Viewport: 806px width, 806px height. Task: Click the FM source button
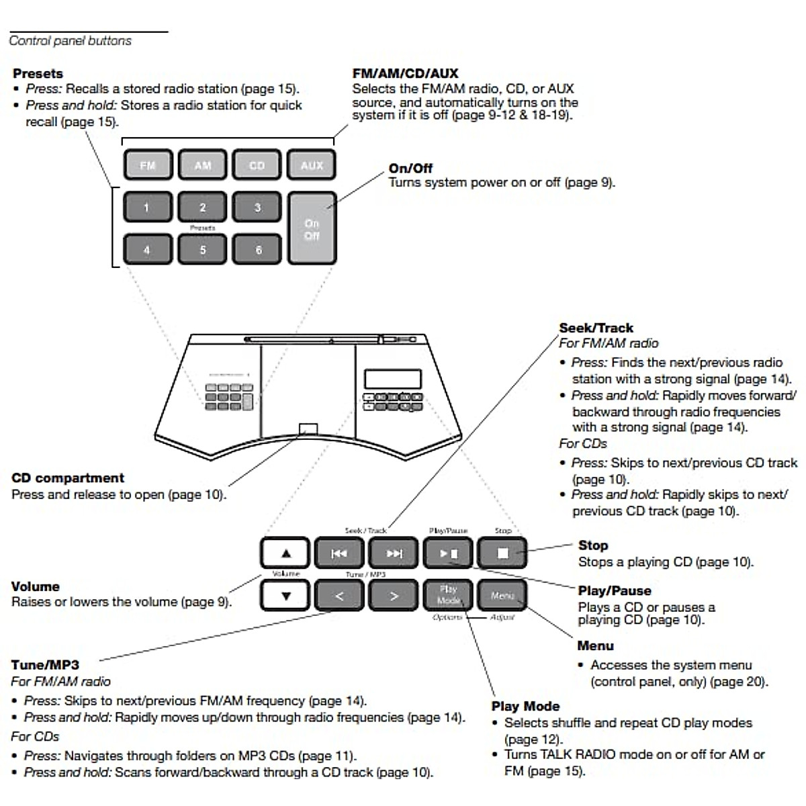[148, 165]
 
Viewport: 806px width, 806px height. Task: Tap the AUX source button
[312, 165]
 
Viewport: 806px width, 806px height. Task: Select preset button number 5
[202, 250]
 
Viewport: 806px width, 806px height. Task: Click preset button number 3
[257, 208]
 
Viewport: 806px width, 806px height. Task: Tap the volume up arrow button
[285, 553]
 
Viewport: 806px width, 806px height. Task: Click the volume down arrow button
[285, 596]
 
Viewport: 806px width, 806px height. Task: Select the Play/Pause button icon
[448, 553]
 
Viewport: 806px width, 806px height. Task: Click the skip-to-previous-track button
[339, 553]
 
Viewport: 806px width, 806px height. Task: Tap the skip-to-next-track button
[394, 553]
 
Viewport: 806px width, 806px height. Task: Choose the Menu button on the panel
[502, 596]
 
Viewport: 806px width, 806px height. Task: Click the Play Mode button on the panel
[448, 596]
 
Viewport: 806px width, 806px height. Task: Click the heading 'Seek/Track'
[596, 328]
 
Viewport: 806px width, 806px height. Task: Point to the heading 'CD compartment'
[68, 478]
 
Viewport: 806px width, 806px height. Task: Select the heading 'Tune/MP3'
[45, 665]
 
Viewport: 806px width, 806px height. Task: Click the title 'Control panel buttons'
[71, 41]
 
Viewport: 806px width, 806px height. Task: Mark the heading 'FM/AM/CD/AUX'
[405, 74]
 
